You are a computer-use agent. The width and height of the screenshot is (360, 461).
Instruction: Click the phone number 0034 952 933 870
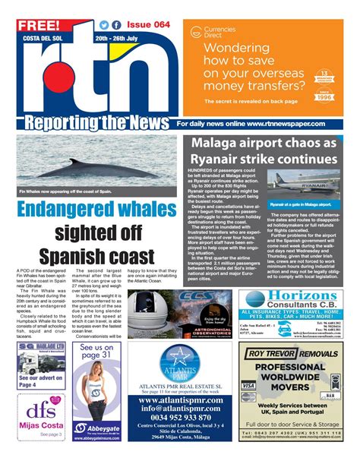click(x=175, y=417)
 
